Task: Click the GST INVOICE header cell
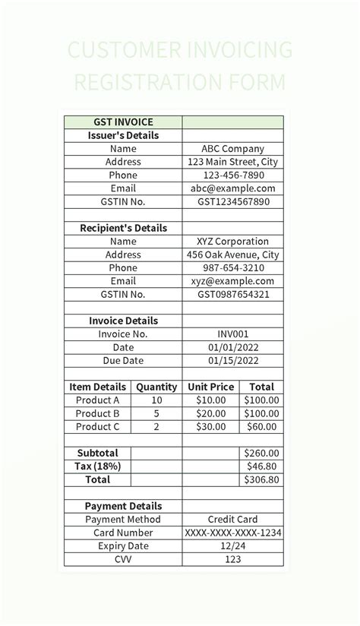click(x=123, y=122)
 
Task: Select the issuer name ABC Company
click(x=232, y=149)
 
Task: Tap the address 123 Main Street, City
click(x=232, y=162)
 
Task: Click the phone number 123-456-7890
click(x=232, y=175)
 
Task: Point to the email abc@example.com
click(x=232, y=188)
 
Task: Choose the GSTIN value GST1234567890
click(x=232, y=202)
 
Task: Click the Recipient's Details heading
click(x=123, y=228)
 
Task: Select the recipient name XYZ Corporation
click(x=232, y=242)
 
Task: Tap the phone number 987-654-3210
click(x=232, y=268)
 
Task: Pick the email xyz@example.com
click(x=232, y=281)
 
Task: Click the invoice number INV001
click(x=232, y=334)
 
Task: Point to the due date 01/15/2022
click(x=232, y=360)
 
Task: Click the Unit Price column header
click(x=210, y=387)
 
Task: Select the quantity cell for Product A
click(x=156, y=400)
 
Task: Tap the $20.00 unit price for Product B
click(x=210, y=413)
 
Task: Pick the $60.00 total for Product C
click(x=262, y=426)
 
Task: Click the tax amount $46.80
click(x=262, y=466)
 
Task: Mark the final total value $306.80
click(x=262, y=479)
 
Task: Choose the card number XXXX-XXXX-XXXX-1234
click(x=232, y=533)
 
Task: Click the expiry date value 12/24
click(x=232, y=545)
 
